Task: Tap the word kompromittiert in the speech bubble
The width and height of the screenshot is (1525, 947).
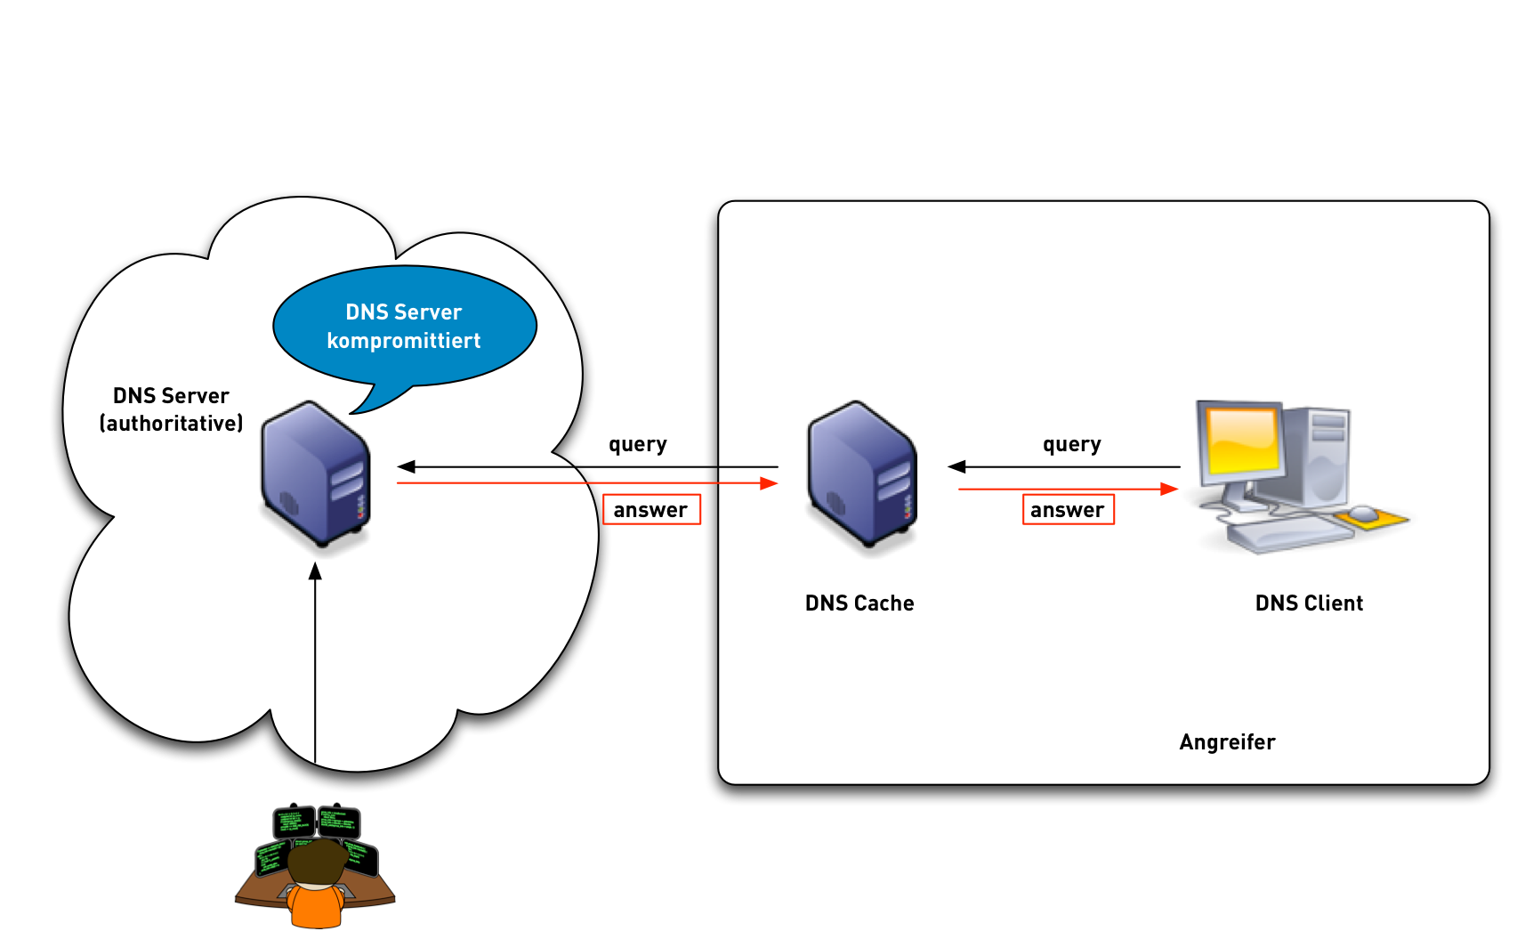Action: (403, 341)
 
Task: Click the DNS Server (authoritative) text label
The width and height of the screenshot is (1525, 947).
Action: (171, 409)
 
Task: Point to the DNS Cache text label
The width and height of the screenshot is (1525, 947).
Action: (859, 603)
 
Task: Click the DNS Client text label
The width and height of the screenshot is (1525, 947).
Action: (1308, 603)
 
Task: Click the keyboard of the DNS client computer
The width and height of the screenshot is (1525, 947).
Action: (1286, 535)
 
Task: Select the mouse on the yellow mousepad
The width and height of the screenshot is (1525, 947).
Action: (1362, 513)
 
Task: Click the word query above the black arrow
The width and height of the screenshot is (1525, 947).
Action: (1071, 444)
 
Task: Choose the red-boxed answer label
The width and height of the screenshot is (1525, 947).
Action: (1068, 510)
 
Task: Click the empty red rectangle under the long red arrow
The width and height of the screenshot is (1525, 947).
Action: (651, 509)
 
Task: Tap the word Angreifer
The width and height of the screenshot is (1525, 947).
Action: (1227, 742)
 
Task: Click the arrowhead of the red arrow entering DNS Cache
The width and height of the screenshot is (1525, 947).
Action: (769, 483)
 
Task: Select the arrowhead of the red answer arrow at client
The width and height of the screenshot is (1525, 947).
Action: (1169, 489)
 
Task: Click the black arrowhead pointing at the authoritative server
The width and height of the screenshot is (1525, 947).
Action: (407, 466)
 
